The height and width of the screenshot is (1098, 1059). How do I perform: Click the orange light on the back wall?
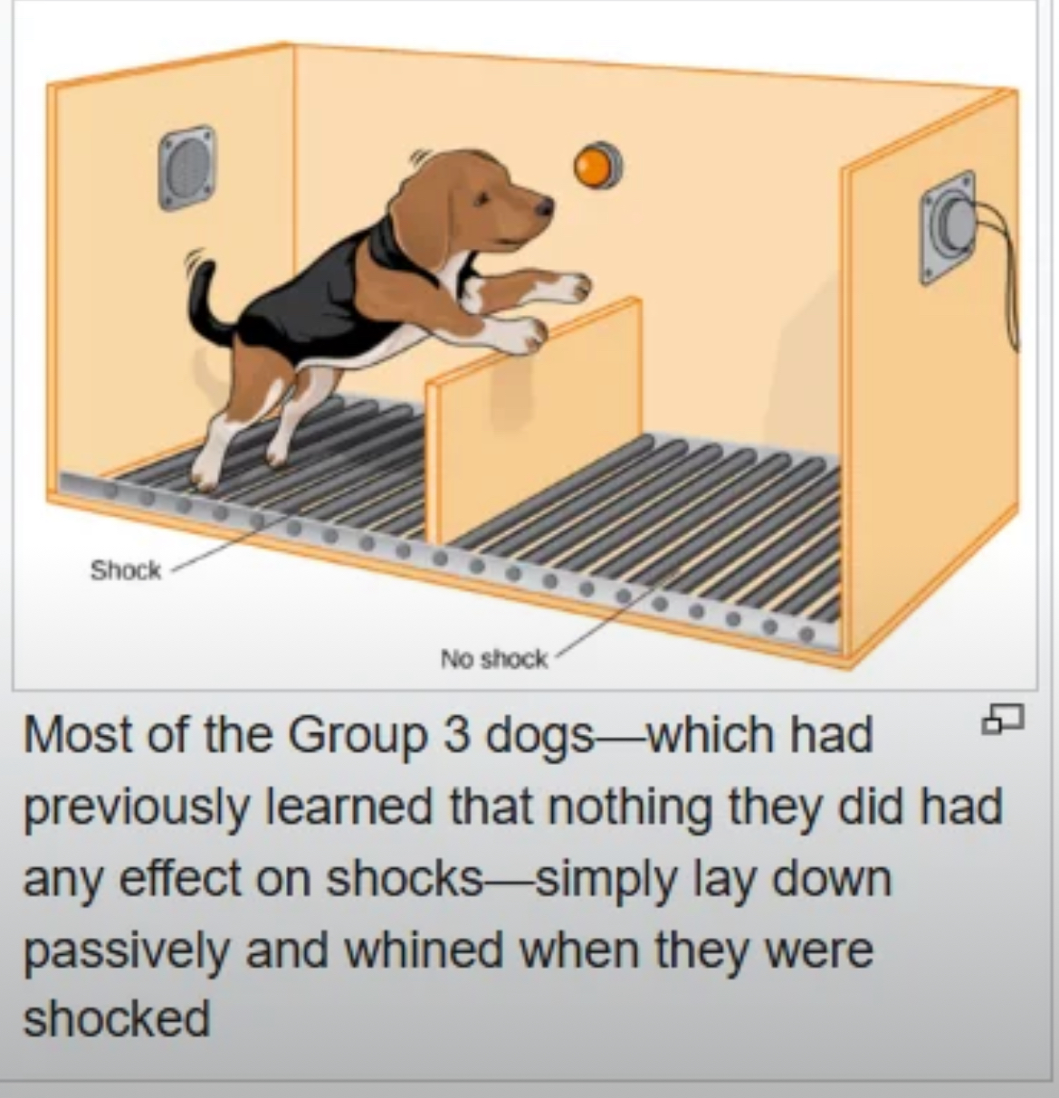pyautogui.click(x=598, y=165)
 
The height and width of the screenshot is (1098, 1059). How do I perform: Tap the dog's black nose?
pyautogui.click(x=545, y=206)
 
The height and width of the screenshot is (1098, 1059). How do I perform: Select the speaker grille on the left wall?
pyautogui.click(x=186, y=167)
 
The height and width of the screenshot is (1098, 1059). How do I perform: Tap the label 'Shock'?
pyautogui.click(x=126, y=570)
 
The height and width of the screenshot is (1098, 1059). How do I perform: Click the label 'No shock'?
pyautogui.click(x=493, y=659)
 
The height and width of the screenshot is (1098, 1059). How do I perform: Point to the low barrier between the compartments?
pyautogui.click(x=535, y=420)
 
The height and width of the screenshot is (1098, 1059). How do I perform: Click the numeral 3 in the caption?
pyautogui.click(x=456, y=736)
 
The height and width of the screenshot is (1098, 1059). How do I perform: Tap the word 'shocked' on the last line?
pyautogui.click(x=116, y=1018)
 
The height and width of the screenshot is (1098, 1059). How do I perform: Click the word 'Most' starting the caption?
pyautogui.click(x=80, y=736)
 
